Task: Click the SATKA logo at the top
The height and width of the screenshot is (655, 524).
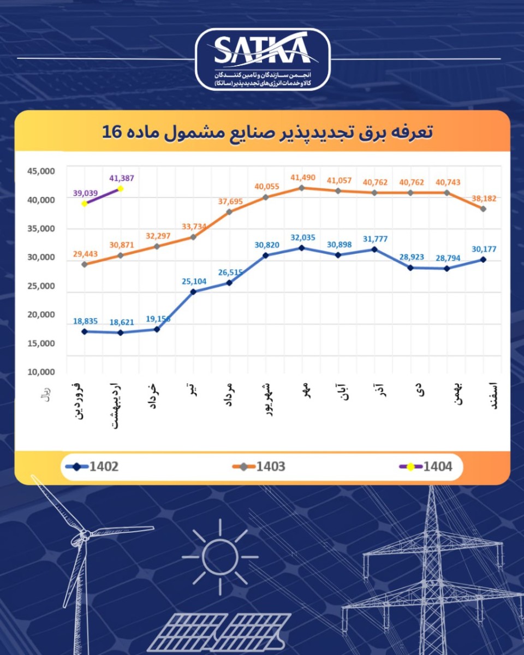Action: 262,59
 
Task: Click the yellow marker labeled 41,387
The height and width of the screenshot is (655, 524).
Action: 121,189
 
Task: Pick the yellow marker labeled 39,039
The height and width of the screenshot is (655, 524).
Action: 85,204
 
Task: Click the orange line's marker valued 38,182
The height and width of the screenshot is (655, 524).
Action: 483,209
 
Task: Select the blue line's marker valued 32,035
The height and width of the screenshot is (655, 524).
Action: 302,248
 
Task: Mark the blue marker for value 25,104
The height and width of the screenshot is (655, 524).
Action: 193,292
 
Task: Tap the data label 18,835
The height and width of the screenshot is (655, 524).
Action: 86,321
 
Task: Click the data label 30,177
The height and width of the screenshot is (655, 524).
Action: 484,249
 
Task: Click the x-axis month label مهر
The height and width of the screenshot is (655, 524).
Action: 305,391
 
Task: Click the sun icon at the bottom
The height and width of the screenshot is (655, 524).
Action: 220,557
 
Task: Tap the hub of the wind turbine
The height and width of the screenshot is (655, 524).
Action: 85,536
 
